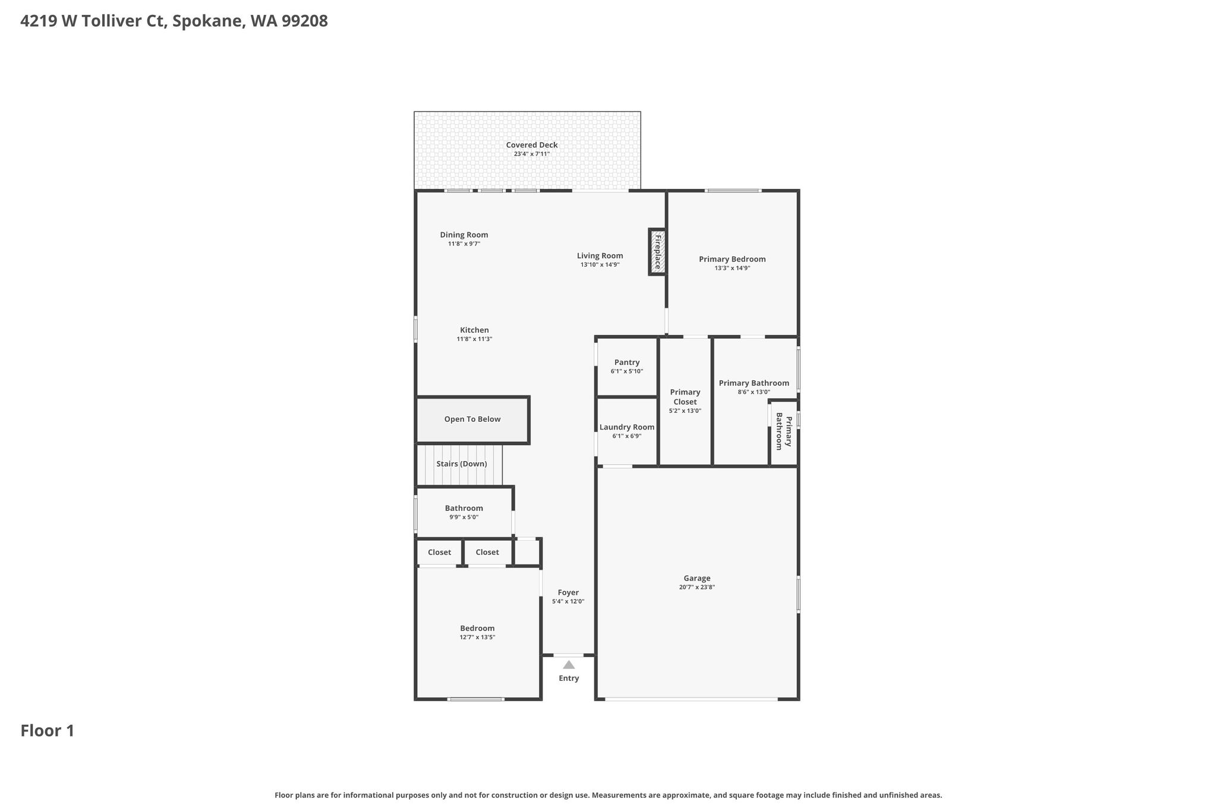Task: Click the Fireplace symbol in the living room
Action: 657,252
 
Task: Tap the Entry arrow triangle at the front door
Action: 569,665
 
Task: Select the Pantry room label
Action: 627,362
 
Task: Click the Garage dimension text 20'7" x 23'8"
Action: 697,587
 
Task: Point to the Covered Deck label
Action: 532,145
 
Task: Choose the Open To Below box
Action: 472,420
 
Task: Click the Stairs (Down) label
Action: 462,464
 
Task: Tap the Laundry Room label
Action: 627,427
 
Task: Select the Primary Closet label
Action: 685,397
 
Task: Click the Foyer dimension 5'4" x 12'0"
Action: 568,601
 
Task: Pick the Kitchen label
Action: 474,330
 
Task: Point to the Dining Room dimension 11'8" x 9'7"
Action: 464,244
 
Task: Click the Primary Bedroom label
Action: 732,259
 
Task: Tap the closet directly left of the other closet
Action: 439,553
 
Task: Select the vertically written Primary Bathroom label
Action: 784,432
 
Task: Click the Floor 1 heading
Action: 48,731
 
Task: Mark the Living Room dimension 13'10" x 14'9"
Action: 600,265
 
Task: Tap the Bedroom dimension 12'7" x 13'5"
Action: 477,638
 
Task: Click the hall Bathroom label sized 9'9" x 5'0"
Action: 464,508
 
